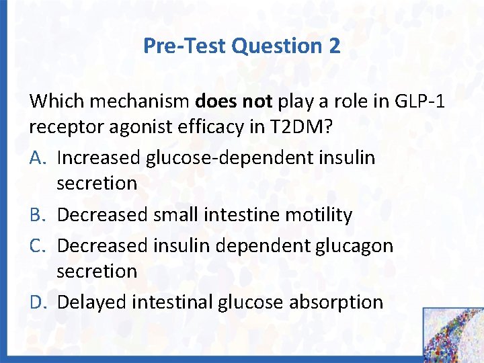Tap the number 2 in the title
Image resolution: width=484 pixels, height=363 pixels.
[x=334, y=46]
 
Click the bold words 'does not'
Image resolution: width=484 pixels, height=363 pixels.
[x=233, y=102]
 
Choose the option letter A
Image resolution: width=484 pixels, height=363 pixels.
[x=37, y=158]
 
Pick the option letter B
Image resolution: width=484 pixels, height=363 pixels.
[x=37, y=215]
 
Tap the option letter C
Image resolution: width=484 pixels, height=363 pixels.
[x=37, y=245]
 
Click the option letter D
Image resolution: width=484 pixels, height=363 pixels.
[x=37, y=302]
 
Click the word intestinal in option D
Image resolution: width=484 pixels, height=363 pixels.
[x=173, y=302]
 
